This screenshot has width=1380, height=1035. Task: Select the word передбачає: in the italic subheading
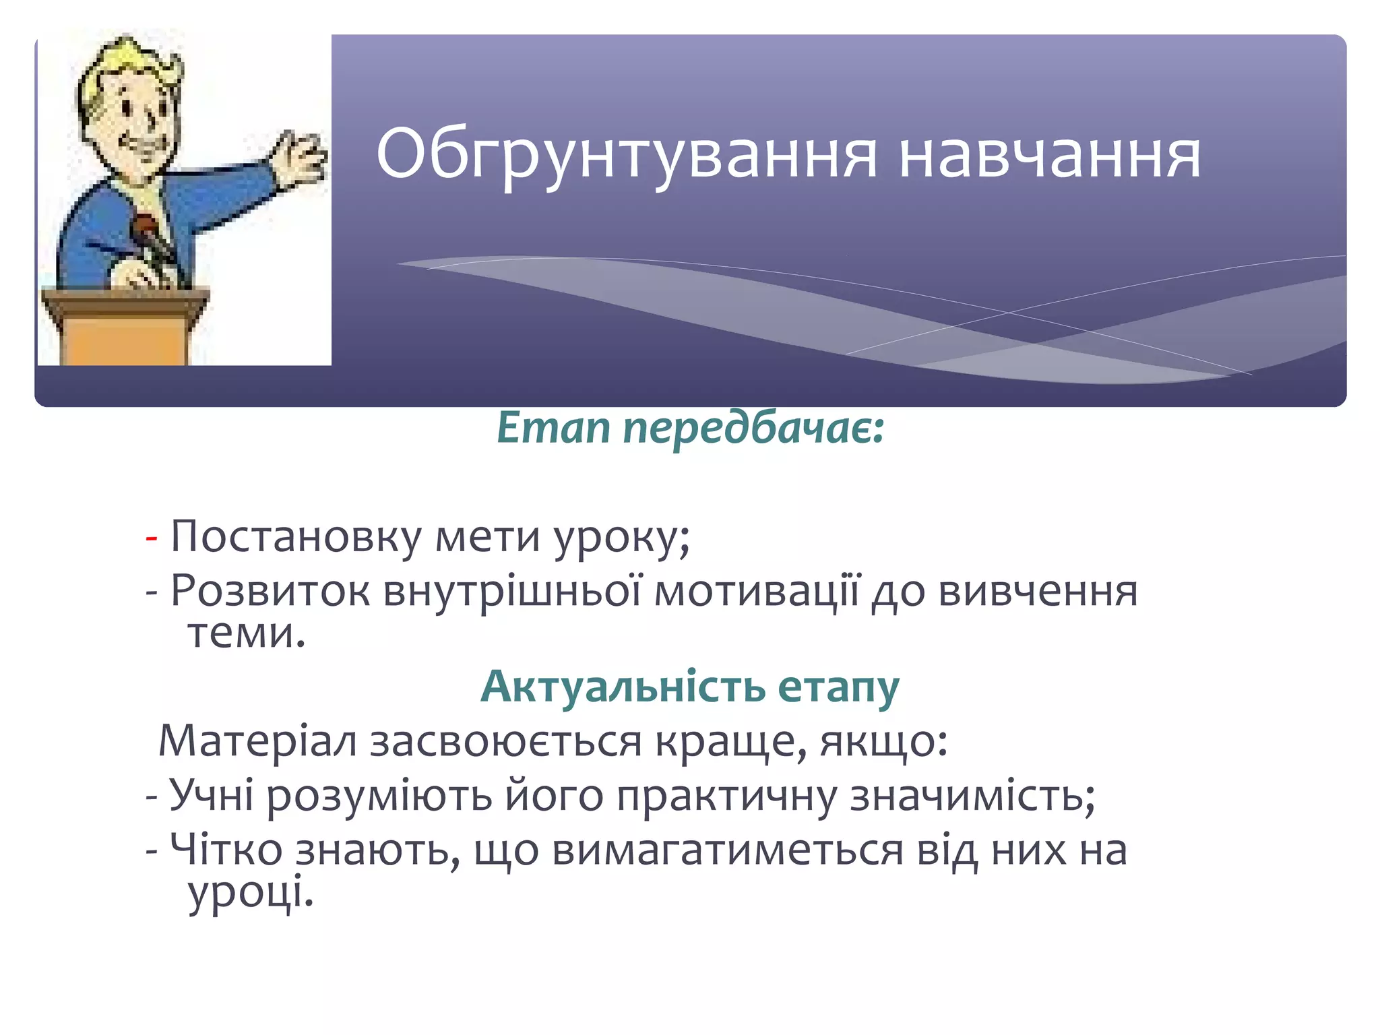753,429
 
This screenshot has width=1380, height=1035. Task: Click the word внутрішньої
512,591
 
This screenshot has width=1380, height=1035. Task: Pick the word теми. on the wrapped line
247,633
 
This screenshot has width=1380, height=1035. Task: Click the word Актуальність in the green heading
623,687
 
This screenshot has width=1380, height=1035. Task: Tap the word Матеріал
257,741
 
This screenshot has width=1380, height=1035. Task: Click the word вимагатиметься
727,850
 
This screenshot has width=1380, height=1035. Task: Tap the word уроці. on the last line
251,893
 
